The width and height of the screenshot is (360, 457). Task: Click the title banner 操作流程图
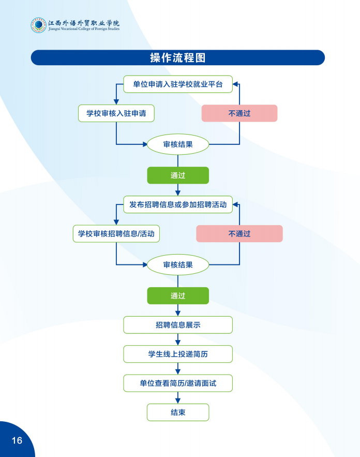click(x=177, y=57)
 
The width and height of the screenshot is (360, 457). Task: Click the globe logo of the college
click(x=38, y=25)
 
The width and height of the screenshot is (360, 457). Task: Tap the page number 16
click(x=17, y=440)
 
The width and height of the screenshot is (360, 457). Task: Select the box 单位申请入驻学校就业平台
click(x=177, y=84)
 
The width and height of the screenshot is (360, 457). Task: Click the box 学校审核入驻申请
click(x=116, y=113)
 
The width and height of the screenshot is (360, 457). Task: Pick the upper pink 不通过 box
click(x=239, y=113)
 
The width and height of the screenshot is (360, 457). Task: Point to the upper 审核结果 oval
click(x=177, y=144)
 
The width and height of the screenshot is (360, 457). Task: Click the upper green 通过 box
click(x=177, y=175)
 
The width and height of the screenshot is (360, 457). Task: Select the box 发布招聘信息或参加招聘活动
click(x=177, y=204)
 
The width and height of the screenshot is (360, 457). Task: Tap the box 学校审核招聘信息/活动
click(x=116, y=233)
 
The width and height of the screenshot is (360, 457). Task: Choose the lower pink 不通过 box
click(x=239, y=233)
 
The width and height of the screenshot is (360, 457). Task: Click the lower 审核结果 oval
click(x=177, y=264)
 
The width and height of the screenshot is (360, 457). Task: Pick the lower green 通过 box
click(x=177, y=296)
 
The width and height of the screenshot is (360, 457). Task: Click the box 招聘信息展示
click(x=177, y=325)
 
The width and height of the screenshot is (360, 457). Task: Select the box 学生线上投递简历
click(x=177, y=354)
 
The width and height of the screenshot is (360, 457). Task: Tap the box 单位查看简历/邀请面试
click(x=177, y=383)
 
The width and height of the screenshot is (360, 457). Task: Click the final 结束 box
click(x=177, y=412)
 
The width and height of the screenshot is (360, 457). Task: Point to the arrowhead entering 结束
click(x=177, y=401)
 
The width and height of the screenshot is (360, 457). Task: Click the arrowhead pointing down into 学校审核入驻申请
click(x=116, y=102)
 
